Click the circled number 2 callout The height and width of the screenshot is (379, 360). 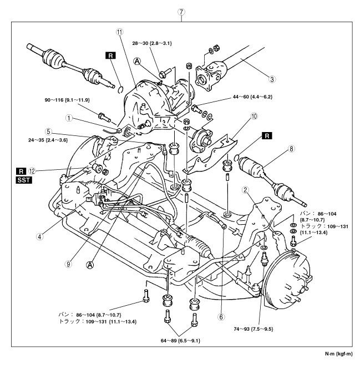point(244,190)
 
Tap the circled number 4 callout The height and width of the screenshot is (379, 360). point(39,235)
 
